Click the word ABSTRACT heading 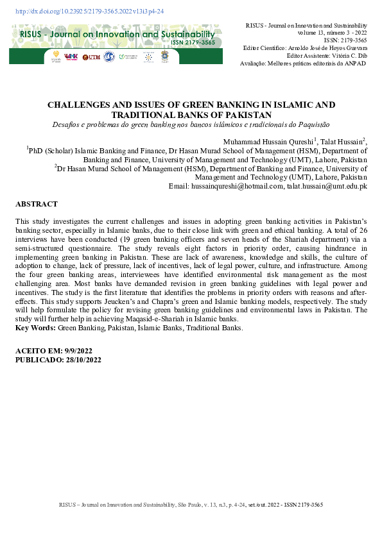coord(37,204)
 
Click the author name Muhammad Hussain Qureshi coord(268,141)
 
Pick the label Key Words coord(35,328)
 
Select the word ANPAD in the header coord(356,63)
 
